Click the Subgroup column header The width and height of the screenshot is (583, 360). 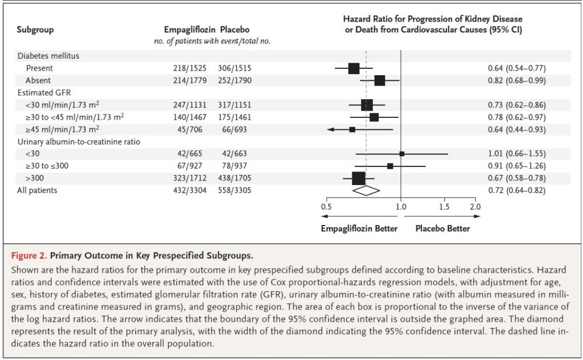point(35,29)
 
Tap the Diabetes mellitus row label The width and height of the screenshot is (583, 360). point(48,56)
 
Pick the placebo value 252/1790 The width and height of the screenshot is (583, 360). point(234,80)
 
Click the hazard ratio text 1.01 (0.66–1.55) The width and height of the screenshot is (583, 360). point(516,154)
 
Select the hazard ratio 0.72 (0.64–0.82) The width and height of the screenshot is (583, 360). point(516,190)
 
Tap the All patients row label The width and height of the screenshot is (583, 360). point(37,190)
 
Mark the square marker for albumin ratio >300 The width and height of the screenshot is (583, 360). point(359,178)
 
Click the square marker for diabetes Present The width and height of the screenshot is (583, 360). point(354,68)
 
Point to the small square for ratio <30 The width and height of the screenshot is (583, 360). point(402,154)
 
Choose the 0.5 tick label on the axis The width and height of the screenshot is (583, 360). point(326,207)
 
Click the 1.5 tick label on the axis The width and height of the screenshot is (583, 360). point(445,207)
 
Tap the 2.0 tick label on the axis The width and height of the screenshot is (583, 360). point(475,207)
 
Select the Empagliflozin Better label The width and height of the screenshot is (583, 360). point(359,228)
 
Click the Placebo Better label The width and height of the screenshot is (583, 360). point(442,228)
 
